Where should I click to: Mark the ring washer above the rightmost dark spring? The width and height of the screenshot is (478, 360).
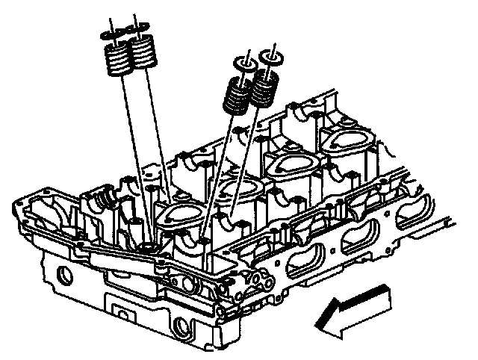click(x=270, y=55)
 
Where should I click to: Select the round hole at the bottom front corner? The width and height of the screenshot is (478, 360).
click(x=181, y=326)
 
